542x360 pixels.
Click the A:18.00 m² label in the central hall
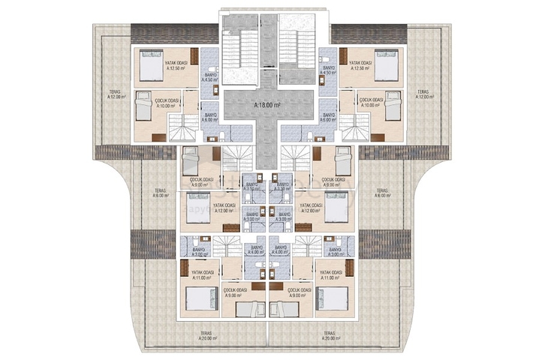click(x=267, y=106)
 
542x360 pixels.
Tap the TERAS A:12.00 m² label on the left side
click(x=117, y=94)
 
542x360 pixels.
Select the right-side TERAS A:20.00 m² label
click(x=328, y=335)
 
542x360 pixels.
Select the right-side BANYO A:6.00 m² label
click(x=328, y=117)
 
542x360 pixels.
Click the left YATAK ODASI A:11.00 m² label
click(x=203, y=274)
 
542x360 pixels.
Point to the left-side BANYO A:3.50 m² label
click(x=254, y=187)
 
